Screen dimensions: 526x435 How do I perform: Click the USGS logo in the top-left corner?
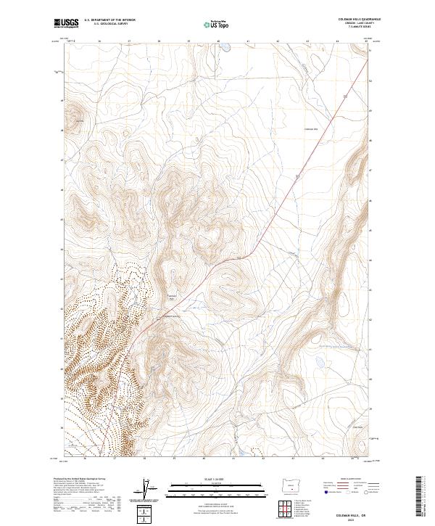[66, 24]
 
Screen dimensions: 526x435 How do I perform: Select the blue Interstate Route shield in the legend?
[326, 491]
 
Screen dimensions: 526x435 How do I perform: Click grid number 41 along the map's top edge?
[247, 41]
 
